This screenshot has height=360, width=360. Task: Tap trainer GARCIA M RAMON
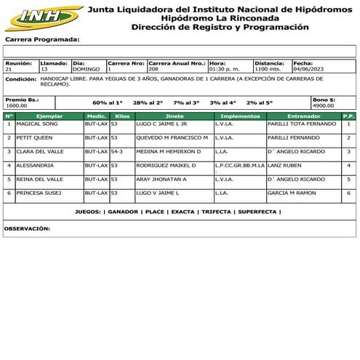(x=292, y=193)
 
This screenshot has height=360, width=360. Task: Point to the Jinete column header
(x=174, y=116)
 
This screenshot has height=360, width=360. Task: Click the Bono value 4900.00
(x=323, y=105)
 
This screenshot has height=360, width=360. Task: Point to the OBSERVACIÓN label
(x=27, y=228)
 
